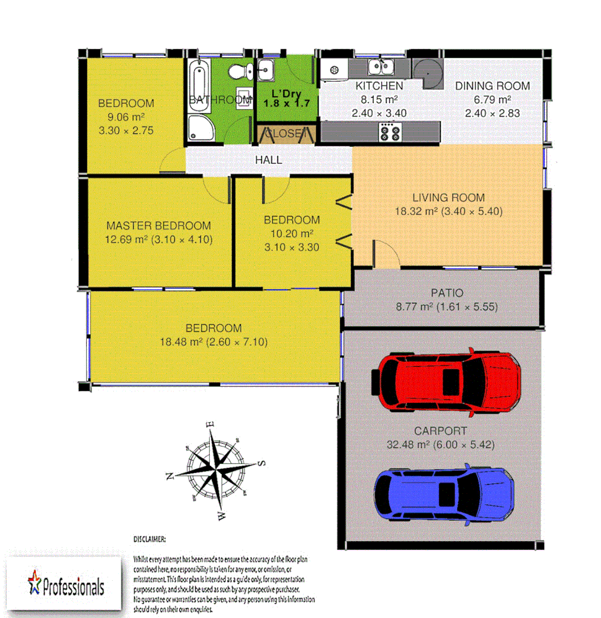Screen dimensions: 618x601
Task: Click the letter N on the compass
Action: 169,477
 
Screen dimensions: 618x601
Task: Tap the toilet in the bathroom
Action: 238,72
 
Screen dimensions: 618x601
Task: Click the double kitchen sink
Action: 380,68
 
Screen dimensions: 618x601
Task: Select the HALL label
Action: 268,160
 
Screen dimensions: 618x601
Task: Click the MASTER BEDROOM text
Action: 158,226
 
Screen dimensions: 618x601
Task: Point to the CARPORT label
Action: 441,431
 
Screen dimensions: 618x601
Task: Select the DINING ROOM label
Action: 492,86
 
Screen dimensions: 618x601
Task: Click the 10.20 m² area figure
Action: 291,234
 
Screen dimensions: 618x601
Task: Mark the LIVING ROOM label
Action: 448,198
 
